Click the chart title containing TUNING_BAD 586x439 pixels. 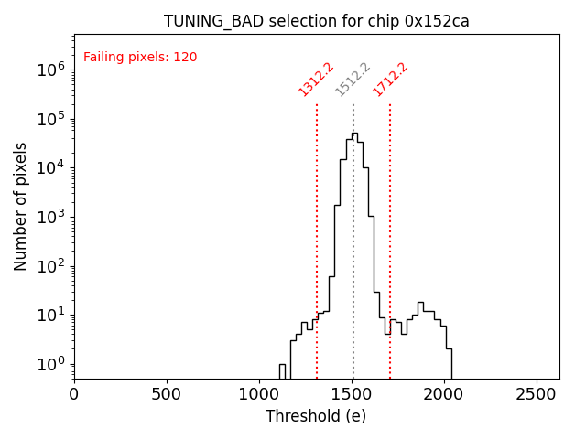[316, 21]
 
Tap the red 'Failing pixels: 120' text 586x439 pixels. [140, 58]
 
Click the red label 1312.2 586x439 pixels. [316, 80]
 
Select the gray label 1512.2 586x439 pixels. [353, 80]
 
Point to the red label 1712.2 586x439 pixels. [390, 80]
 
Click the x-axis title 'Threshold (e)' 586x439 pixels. [316, 416]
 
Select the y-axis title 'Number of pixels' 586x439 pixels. [21, 206]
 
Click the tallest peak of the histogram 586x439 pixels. [354, 134]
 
